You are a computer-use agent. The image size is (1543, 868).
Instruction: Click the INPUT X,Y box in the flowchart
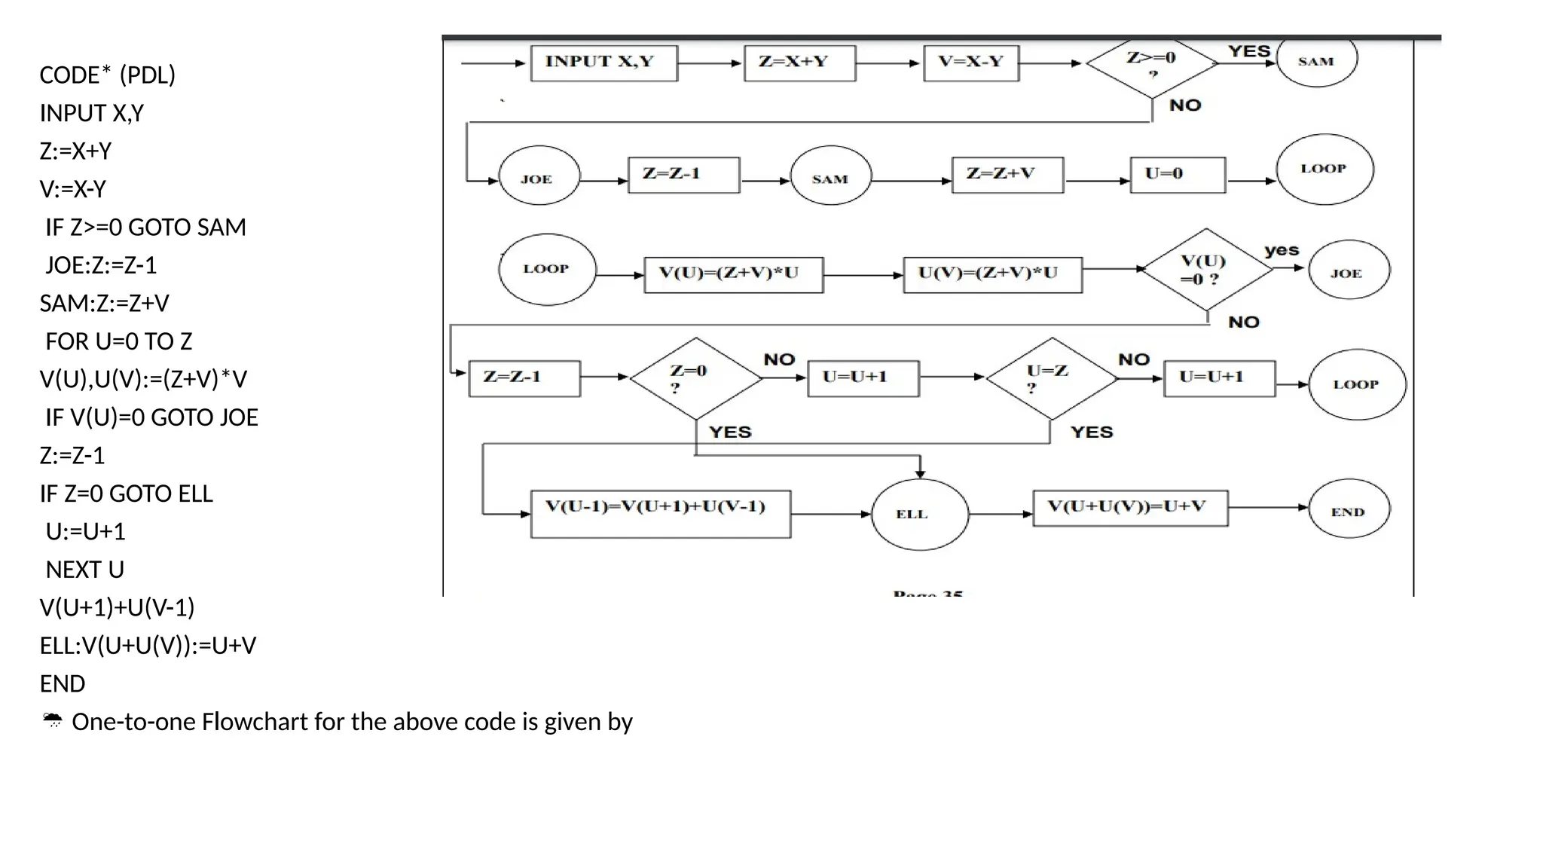click(603, 63)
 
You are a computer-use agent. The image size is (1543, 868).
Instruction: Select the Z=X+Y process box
click(799, 63)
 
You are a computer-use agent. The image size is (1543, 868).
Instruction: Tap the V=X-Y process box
click(970, 63)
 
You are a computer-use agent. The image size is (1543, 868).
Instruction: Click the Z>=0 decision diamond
click(1151, 64)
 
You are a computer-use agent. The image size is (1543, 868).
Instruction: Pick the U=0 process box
click(1177, 175)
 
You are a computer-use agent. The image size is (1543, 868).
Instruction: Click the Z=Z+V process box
click(1007, 175)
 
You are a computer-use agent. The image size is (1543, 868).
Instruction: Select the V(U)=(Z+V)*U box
click(733, 274)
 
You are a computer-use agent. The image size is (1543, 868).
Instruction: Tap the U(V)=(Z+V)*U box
click(992, 274)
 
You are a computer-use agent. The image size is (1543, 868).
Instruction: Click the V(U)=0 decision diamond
click(1205, 270)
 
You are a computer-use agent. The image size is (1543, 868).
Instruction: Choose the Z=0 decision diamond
click(695, 378)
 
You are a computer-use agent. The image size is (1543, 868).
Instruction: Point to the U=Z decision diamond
click(1051, 378)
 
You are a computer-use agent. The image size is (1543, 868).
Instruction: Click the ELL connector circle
click(919, 515)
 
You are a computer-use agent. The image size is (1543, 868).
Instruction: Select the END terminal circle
click(1349, 511)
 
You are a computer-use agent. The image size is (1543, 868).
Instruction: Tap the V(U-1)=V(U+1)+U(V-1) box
click(660, 514)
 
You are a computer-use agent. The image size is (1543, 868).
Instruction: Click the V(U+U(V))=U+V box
click(1129, 508)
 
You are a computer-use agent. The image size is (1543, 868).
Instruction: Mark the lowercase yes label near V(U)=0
click(1281, 250)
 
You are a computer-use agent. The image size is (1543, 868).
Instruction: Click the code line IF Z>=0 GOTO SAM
click(145, 227)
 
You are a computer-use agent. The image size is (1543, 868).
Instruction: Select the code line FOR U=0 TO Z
click(118, 341)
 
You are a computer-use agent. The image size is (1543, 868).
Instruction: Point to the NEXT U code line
click(84, 570)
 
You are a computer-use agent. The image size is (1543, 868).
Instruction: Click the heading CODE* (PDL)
click(107, 75)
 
